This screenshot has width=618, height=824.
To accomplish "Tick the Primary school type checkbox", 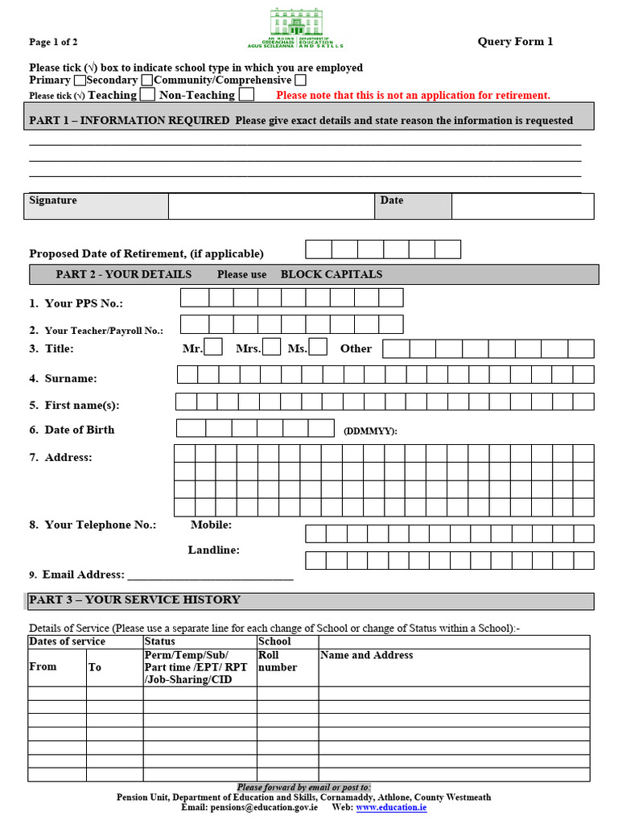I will coord(80,80).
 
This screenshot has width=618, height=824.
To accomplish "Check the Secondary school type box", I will coord(146,80).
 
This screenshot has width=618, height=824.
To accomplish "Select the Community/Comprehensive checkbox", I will coord(300,80).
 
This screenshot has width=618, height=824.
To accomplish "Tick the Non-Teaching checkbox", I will coord(247,95).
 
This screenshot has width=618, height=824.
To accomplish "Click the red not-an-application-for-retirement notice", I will coord(413,96).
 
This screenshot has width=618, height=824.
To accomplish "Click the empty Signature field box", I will coord(271,206).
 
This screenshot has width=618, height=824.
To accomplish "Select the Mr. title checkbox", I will coord(213,347).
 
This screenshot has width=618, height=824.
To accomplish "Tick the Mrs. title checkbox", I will coord(272,347).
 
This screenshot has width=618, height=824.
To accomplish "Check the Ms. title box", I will coord(319,347).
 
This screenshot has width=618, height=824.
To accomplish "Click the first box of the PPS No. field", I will coord(194,298).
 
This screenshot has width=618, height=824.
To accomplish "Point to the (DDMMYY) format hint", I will coord(370,431).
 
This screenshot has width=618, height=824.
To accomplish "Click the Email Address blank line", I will coord(210,575).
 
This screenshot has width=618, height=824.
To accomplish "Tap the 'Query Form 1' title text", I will coord(515,42).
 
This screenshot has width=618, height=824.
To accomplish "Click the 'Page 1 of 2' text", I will coord(53,43).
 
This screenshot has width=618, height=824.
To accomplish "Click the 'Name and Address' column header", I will coord(366,656).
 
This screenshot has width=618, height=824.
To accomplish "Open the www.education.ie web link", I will coord(391,807).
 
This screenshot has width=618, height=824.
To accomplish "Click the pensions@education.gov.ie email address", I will coord(264,807).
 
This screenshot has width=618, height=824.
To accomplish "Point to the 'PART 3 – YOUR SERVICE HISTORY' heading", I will coord(134,599).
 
